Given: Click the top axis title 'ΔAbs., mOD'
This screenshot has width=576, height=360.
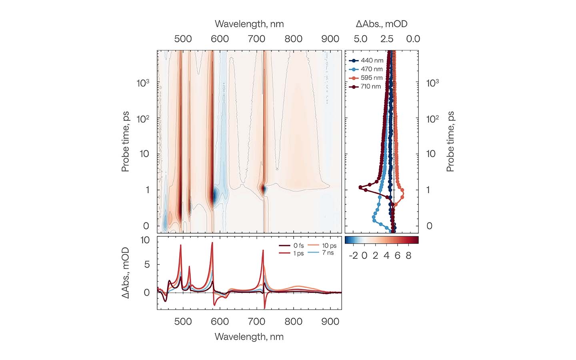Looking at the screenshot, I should click(382, 24).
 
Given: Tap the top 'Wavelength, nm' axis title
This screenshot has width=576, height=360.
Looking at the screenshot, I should click(249, 24).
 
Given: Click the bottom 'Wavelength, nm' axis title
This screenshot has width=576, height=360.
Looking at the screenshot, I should click(249, 337).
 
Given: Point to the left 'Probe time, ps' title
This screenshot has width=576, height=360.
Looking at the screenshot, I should click(126, 142).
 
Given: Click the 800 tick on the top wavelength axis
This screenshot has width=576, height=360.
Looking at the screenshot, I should click(293, 39).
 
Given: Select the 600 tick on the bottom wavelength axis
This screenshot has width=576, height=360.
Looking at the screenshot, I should click(220, 322).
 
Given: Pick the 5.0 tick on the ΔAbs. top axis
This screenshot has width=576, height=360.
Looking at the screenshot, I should click(360, 39).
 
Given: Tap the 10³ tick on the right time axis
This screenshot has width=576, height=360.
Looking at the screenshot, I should click(432, 83).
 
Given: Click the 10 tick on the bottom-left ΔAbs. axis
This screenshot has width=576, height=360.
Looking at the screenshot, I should click(145, 240).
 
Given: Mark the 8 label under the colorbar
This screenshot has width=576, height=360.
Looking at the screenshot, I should click(408, 256).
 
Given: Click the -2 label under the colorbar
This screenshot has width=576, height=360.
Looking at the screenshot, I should click(353, 256).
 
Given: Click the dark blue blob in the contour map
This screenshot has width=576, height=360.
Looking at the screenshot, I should click(215, 196).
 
